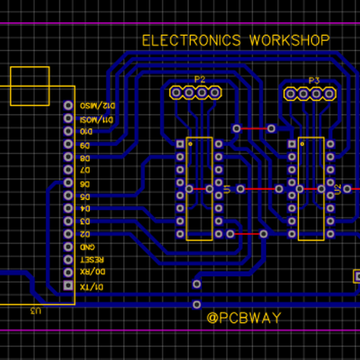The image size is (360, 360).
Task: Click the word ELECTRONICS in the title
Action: click(x=191, y=41)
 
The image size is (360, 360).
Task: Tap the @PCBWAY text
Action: click(x=244, y=318)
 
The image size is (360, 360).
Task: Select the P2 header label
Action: click(x=199, y=80)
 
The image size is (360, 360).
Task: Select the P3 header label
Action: click(x=314, y=80)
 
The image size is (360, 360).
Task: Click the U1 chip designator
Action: click(x=227, y=190)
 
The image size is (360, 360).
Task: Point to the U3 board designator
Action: click(x=36, y=311)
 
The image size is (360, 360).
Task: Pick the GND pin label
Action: click(x=88, y=247)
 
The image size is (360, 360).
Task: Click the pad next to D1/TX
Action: click(x=67, y=286)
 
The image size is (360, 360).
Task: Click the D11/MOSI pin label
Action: click(x=93, y=119)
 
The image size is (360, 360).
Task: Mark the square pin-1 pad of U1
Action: click(x=180, y=144)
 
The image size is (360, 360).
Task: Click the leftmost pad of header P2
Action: click(x=176, y=93)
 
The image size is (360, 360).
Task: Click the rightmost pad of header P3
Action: click(x=329, y=93)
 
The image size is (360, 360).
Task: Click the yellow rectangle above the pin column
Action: click(x=30, y=86)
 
